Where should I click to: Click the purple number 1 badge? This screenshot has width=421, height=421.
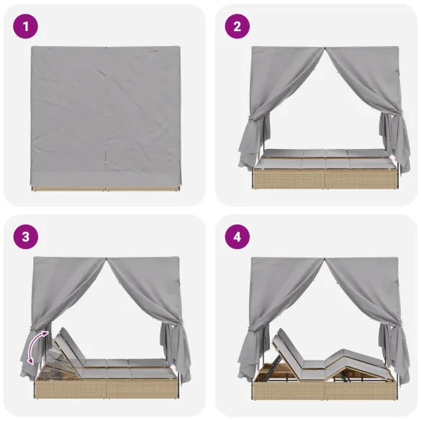tap(27, 28)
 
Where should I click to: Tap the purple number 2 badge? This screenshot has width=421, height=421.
tap(238, 28)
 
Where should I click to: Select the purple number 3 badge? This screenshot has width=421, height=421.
tap(27, 237)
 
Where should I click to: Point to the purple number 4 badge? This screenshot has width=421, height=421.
tap(238, 237)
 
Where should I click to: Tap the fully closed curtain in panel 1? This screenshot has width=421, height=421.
tap(106, 115)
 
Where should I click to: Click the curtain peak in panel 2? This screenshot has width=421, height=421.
tap(324, 52)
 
